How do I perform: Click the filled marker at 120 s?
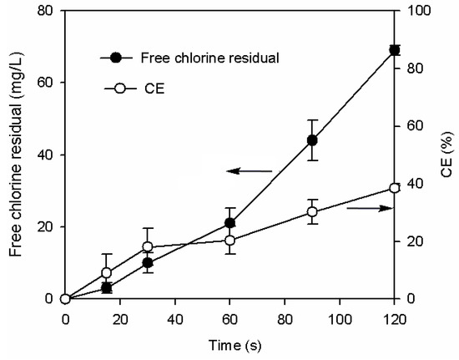coord(395,50)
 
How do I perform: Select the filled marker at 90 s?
coord(312,140)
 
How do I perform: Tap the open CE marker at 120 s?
coord(395,188)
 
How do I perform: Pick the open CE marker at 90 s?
coord(312,212)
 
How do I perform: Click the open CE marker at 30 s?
coord(148,246)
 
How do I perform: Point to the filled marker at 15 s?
coord(107,287)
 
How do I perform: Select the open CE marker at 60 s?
coord(229,241)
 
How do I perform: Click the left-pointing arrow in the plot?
coord(250,171)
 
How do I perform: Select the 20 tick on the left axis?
coord(46,227)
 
